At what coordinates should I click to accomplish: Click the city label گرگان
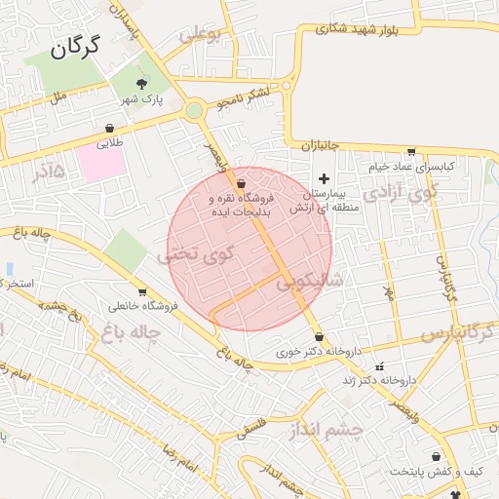(x=77, y=46)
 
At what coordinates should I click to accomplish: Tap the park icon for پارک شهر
(x=142, y=84)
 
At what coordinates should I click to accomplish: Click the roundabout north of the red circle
(x=195, y=111)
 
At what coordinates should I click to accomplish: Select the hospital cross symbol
(x=324, y=179)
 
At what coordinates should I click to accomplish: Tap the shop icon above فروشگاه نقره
(x=241, y=182)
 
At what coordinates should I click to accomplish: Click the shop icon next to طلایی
(x=109, y=128)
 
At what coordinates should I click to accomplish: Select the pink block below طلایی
(x=101, y=162)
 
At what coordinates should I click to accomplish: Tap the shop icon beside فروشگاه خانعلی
(x=142, y=291)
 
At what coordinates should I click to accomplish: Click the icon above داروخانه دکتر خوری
(x=319, y=336)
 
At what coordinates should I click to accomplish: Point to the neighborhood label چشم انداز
(x=326, y=429)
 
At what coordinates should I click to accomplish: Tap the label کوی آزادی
(x=401, y=193)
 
